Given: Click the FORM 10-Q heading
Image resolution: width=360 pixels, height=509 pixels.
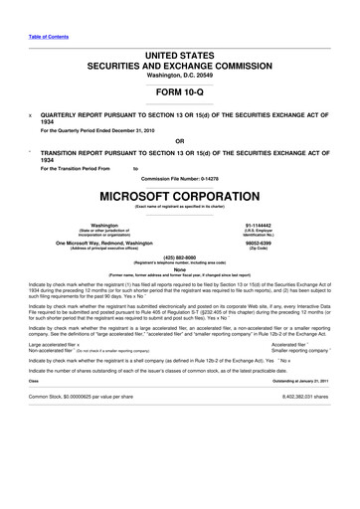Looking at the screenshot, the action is [x=179, y=90].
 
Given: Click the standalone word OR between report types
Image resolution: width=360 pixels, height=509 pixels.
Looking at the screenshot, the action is [x=179, y=141].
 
